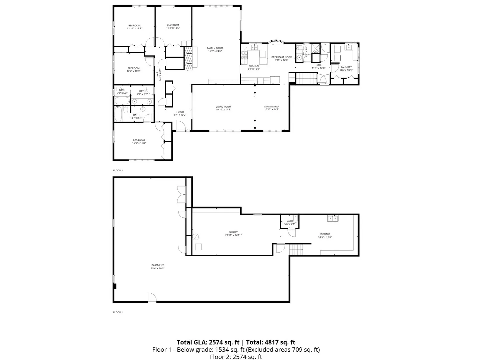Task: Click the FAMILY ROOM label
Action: (x=215, y=48)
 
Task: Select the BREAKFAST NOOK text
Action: (x=281, y=57)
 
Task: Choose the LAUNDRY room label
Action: (x=346, y=67)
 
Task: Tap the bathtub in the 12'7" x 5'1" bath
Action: (x=118, y=114)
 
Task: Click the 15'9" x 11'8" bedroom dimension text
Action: (x=139, y=143)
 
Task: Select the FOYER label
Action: (x=180, y=112)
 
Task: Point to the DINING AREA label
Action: (x=272, y=107)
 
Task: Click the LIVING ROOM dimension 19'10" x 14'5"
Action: (x=223, y=109)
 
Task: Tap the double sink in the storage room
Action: (x=333, y=219)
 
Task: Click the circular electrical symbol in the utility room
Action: (x=196, y=237)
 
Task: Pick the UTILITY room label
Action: (x=233, y=232)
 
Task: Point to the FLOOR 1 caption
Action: (x=118, y=312)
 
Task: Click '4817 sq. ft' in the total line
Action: (x=280, y=342)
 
